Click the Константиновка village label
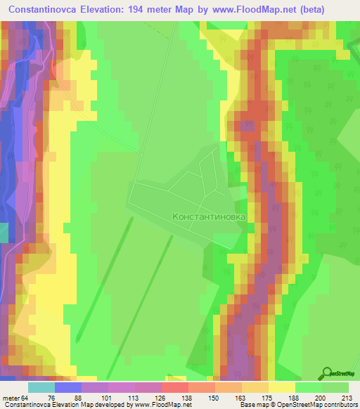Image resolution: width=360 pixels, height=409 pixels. click(x=209, y=217)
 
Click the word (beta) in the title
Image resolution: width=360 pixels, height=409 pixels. click(x=333, y=10)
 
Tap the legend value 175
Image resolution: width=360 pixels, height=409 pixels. click(x=255, y=398)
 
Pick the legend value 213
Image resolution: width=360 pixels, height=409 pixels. click(x=335, y=398)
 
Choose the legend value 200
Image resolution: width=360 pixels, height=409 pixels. click(x=309, y=398)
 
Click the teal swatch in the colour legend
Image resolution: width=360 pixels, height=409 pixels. click(x=41, y=387)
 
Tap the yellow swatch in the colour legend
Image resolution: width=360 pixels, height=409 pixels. click(x=282, y=387)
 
